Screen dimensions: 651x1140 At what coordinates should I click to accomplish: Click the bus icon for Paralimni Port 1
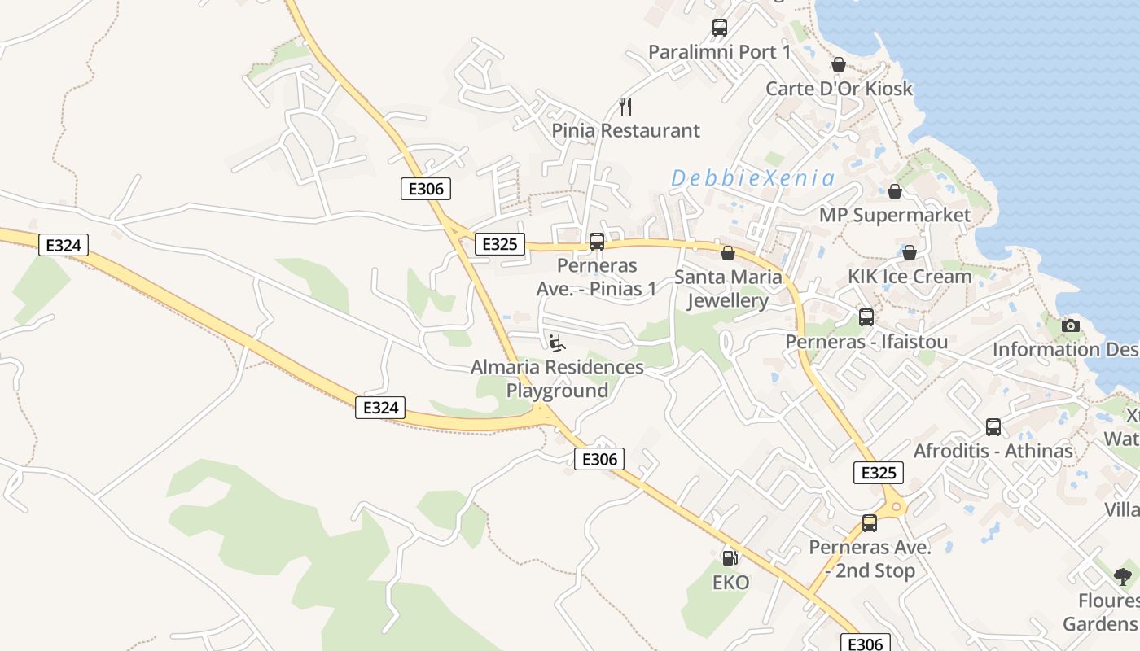[x=719, y=28]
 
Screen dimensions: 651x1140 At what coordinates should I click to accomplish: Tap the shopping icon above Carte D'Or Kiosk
[x=839, y=64]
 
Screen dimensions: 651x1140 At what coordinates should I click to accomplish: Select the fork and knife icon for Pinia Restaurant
[x=625, y=106]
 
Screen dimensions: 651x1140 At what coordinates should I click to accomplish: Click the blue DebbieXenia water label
[x=752, y=178]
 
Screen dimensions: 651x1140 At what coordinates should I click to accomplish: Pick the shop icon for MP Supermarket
[x=895, y=191]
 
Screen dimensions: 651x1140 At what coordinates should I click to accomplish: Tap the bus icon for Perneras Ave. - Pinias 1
[x=597, y=242]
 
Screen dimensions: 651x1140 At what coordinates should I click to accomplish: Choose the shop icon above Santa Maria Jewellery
[x=728, y=253]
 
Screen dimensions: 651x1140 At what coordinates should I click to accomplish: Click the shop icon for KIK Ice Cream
[x=910, y=252]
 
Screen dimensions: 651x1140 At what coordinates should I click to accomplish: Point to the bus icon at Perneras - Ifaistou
[x=866, y=317]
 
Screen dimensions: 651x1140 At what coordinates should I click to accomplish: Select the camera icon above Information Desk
[x=1071, y=325]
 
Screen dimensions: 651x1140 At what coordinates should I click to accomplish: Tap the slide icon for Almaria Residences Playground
[x=557, y=343]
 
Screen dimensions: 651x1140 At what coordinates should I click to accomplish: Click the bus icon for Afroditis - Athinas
[x=993, y=427]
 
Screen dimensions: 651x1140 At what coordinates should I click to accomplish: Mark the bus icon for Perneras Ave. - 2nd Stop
[x=870, y=523]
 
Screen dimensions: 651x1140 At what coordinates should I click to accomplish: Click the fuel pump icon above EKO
[x=730, y=558]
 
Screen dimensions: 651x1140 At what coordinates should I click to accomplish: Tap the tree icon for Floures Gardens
[x=1123, y=577]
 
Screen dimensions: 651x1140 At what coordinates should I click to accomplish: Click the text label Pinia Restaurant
[x=625, y=130]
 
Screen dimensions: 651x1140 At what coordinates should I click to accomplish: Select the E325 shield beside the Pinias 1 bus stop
[x=500, y=243]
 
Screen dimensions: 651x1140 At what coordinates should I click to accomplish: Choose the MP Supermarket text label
[x=895, y=215]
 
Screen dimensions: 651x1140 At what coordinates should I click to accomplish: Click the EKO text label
[x=730, y=583]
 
